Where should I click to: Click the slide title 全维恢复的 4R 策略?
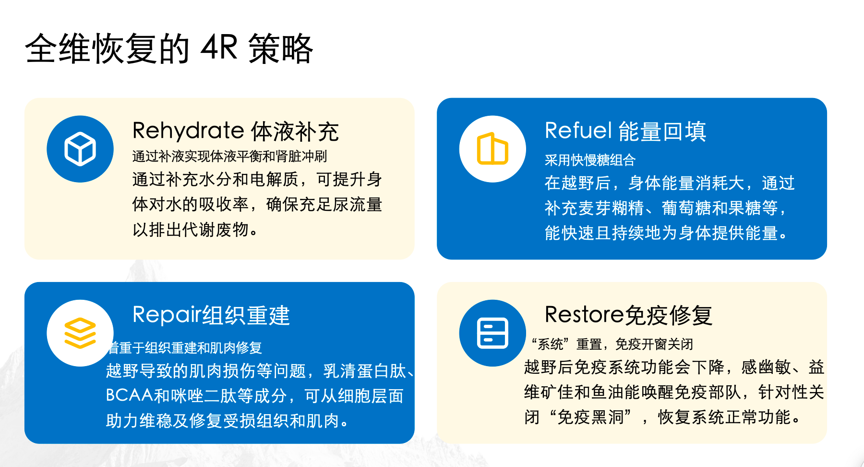[169, 49]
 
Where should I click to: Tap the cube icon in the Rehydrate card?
[80, 149]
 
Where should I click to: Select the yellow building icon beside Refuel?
[492, 148]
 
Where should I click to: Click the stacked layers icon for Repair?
[80, 333]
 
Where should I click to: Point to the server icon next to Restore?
[492, 333]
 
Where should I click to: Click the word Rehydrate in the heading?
[188, 131]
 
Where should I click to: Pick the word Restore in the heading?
[584, 315]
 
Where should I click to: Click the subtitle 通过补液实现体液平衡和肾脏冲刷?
[229, 156]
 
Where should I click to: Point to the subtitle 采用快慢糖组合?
[590, 160]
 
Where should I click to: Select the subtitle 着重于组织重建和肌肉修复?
[185, 347]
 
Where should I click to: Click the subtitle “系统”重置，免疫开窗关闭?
[612, 344]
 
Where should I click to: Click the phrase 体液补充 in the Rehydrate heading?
[295, 131]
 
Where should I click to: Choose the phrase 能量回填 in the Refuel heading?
[662, 131]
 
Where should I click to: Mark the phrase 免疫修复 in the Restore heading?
[668, 315]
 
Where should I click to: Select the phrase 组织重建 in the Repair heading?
[246, 316]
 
